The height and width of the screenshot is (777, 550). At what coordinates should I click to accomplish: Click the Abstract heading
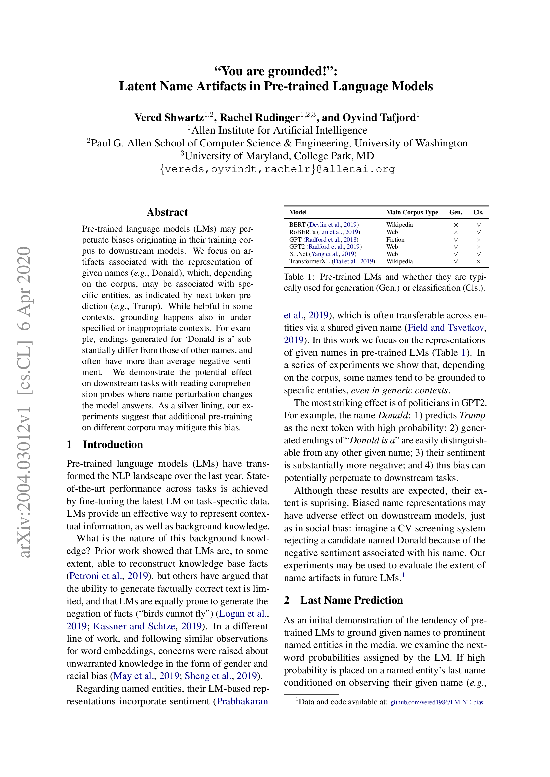(167, 212)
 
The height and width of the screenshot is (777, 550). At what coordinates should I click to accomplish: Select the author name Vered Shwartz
(169, 117)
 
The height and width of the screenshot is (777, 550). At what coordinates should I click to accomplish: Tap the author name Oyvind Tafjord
(379, 117)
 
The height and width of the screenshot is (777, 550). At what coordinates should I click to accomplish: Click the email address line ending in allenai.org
(277, 169)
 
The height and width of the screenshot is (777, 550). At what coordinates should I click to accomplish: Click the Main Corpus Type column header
(412, 212)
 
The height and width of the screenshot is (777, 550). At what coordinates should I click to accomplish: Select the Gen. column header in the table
(455, 212)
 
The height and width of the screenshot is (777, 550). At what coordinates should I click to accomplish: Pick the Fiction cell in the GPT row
(395, 239)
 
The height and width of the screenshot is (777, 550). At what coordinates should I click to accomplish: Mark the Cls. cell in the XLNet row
(478, 254)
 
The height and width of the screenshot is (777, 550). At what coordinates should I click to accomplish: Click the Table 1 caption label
(298, 277)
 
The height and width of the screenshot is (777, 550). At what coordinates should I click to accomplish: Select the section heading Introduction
(113, 444)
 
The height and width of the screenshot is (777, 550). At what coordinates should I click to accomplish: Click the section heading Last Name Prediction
(351, 600)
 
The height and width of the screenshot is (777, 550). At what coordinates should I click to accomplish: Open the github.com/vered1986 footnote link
(437, 702)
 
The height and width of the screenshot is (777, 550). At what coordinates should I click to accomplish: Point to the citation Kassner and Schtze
(134, 626)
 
